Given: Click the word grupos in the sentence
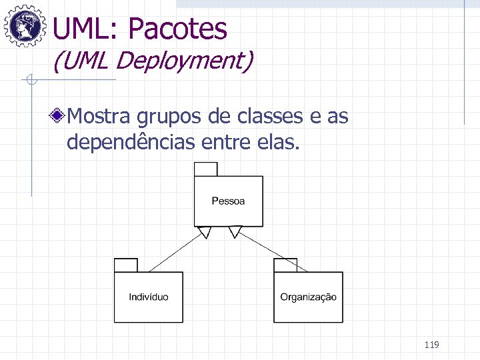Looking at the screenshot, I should point(169,119).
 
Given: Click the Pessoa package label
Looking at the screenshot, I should point(228,201).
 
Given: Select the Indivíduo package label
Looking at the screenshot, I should point(148,297).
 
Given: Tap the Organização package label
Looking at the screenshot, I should point(308,297).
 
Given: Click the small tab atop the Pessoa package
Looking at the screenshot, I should point(205,169).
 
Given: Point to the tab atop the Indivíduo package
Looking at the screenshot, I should point(125,265).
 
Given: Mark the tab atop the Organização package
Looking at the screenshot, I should point(285,265).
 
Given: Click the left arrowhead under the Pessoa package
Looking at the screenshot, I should point(205,232).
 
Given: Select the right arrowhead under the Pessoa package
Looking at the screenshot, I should point(235,232).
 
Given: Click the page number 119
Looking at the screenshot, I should point(431,345).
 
